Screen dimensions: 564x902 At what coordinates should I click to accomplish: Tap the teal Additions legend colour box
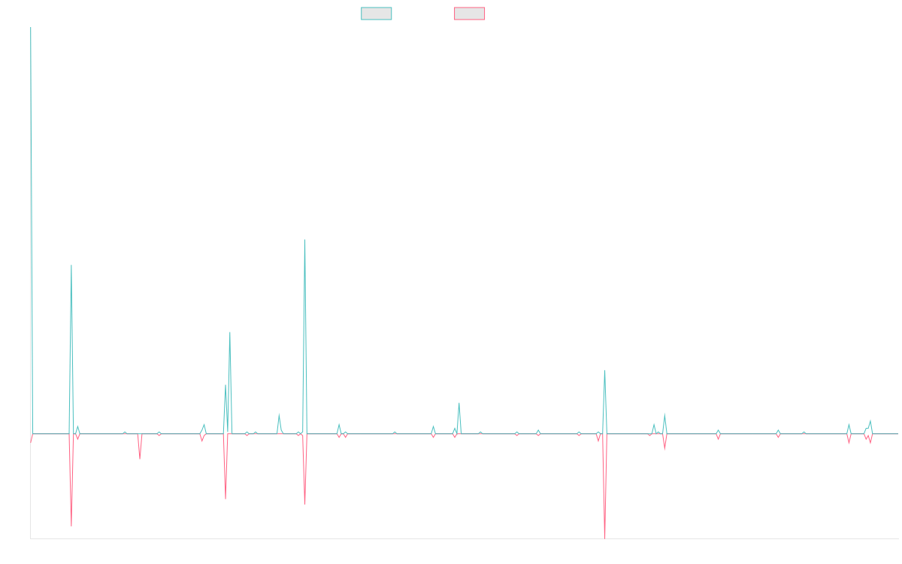click(x=377, y=14)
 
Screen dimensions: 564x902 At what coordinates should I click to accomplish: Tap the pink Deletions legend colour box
click(x=469, y=14)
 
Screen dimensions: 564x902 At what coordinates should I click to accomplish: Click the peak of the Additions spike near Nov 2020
click(x=305, y=240)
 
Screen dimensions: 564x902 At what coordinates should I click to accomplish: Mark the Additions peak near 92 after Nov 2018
click(x=71, y=265)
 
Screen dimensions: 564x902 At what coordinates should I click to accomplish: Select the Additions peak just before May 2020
click(x=230, y=332)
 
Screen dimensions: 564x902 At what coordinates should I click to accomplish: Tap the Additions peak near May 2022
click(x=459, y=403)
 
